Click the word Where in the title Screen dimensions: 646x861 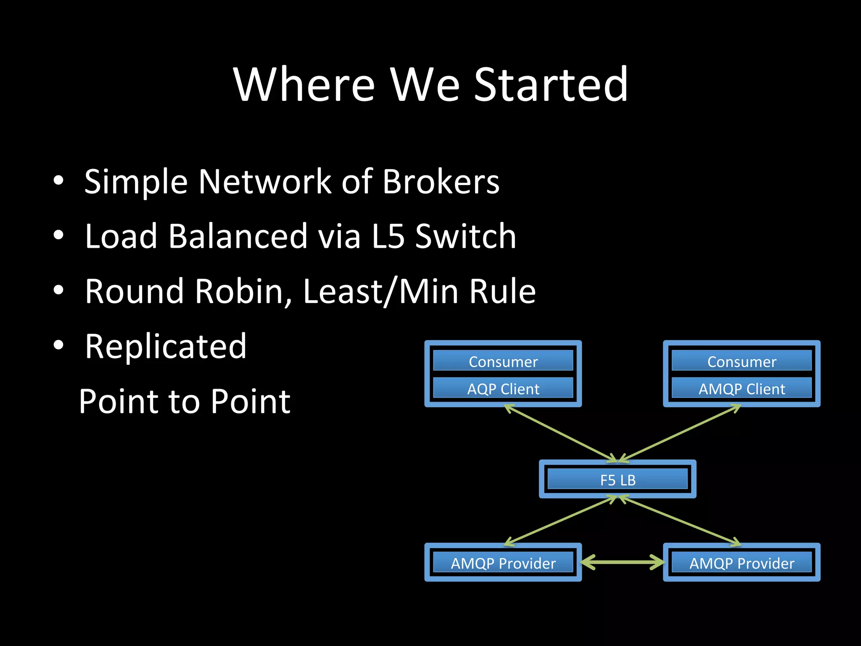[x=304, y=85]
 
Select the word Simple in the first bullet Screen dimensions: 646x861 [x=135, y=182]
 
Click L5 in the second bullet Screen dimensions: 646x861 [x=388, y=236]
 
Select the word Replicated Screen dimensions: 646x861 [x=166, y=346]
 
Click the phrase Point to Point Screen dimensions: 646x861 [x=185, y=401]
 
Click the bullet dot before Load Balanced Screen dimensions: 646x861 [x=58, y=236]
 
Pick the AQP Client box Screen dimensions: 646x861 [x=503, y=389]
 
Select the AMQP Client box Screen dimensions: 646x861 [x=742, y=389]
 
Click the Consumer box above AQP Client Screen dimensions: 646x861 [x=503, y=361]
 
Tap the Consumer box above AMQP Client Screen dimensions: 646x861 [x=742, y=361]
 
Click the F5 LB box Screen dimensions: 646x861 [x=617, y=479]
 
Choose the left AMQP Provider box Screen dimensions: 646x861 [x=503, y=563]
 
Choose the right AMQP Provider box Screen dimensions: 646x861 [x=742, y=563]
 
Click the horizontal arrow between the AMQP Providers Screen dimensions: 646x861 [x=623, y=562]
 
